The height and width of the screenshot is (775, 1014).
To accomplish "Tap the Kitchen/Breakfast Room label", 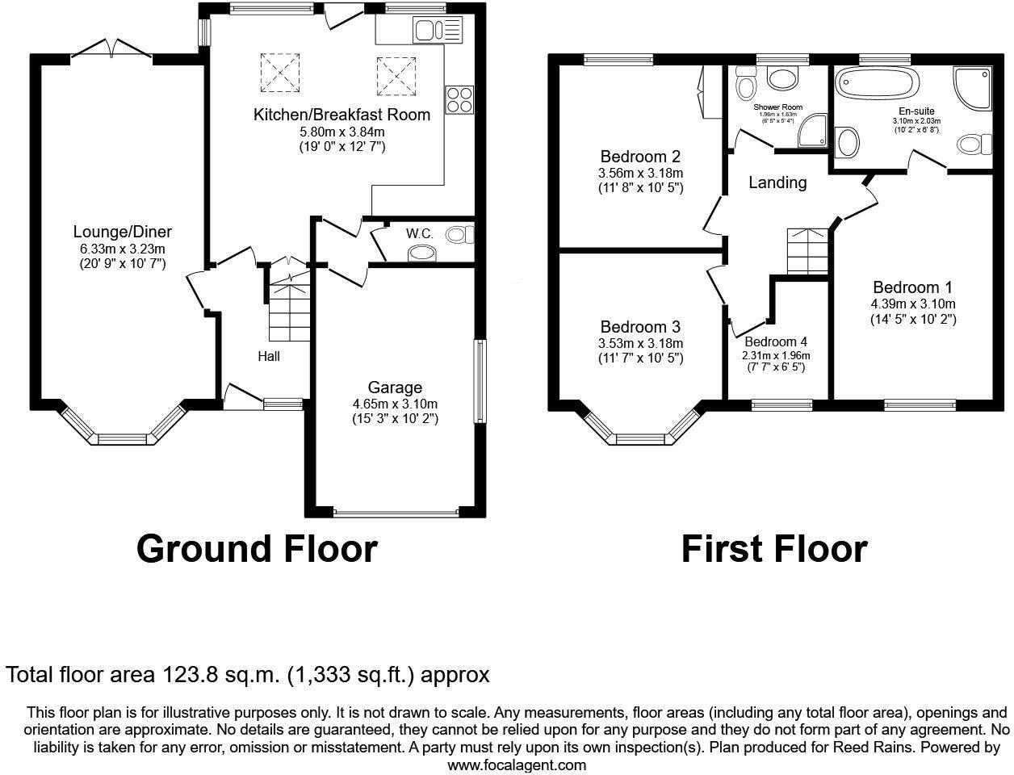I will tap(341, 115).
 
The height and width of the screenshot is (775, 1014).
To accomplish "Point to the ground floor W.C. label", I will tap(419, 233).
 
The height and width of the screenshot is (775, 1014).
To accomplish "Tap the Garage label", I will tap(395, 387).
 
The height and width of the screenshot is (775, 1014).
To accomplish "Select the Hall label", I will tap(269, 355).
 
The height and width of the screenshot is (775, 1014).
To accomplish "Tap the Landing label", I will tap(777, 182).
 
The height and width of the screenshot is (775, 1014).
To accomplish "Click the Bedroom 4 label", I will tap(775, 341).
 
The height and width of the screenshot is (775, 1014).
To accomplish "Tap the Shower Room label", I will tap(777, 107).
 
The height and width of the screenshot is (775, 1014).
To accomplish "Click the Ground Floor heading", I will tap(257, 548).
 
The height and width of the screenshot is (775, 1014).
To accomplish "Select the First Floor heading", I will tap(773, 548).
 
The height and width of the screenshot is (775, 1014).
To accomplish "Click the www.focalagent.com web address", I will tap(517, 764).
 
